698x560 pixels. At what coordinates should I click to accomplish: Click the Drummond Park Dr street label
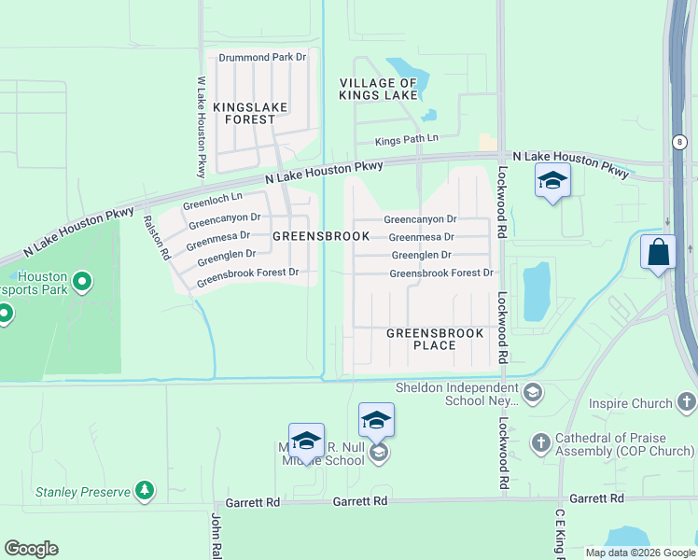coord(262,57)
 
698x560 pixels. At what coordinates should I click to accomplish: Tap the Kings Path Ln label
coord(406,141)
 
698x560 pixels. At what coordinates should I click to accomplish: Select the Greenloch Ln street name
coord(213,199)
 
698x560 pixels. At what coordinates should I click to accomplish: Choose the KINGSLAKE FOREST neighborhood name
coord(244,113)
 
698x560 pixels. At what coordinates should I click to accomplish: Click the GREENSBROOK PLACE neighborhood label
coord(435,339)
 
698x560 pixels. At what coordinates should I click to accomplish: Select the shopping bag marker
coord(658,252)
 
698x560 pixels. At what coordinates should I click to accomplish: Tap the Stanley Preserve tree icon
coord(144,490)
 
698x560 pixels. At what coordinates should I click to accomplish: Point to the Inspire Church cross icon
coord(687,403)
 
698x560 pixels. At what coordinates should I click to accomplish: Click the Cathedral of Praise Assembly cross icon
coord(541,441)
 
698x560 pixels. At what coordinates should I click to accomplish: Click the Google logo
coord(31,549)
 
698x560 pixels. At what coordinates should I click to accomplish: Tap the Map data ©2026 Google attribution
coord(639,553)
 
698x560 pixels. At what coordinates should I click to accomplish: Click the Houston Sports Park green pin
coord(81,280)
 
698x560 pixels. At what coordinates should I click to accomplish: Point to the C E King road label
coord(561,536)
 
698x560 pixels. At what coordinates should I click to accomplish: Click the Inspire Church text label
coord(631,403)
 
